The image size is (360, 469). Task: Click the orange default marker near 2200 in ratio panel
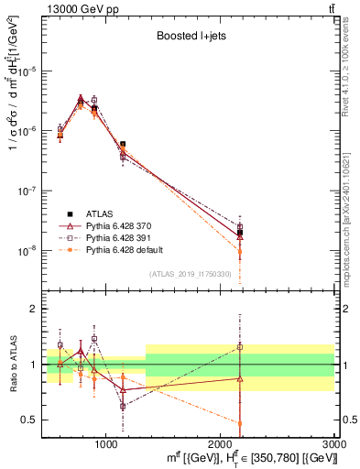[x=240, y=423]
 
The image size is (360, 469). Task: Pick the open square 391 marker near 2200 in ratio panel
[x=240, y=347]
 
